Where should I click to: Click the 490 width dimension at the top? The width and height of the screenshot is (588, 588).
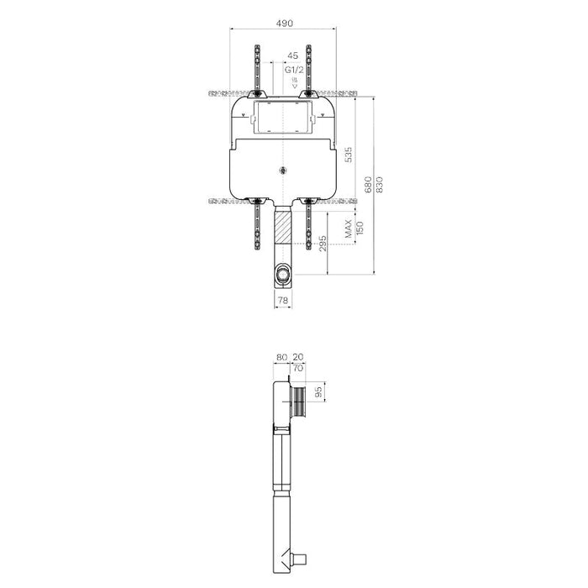click(x=283, y=24)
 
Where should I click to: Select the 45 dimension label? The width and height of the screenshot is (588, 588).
click(x=292, y=57)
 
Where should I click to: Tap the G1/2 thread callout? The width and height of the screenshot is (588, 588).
click(x=292, y=71)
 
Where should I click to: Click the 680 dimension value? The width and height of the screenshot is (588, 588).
click(x=367, y=185)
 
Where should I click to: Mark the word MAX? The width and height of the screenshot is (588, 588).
click(x=347, y=228)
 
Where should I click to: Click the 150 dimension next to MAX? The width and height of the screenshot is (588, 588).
click(x=359, y=228)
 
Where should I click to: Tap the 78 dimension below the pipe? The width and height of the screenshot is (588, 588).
click(x=283, y=299)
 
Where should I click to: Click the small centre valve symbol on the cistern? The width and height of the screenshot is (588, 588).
click(x=284, y=171)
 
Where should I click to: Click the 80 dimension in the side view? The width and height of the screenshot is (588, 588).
click(x=281, y=356)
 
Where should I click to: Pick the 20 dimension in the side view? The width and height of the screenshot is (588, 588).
click(x=300, y=356)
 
